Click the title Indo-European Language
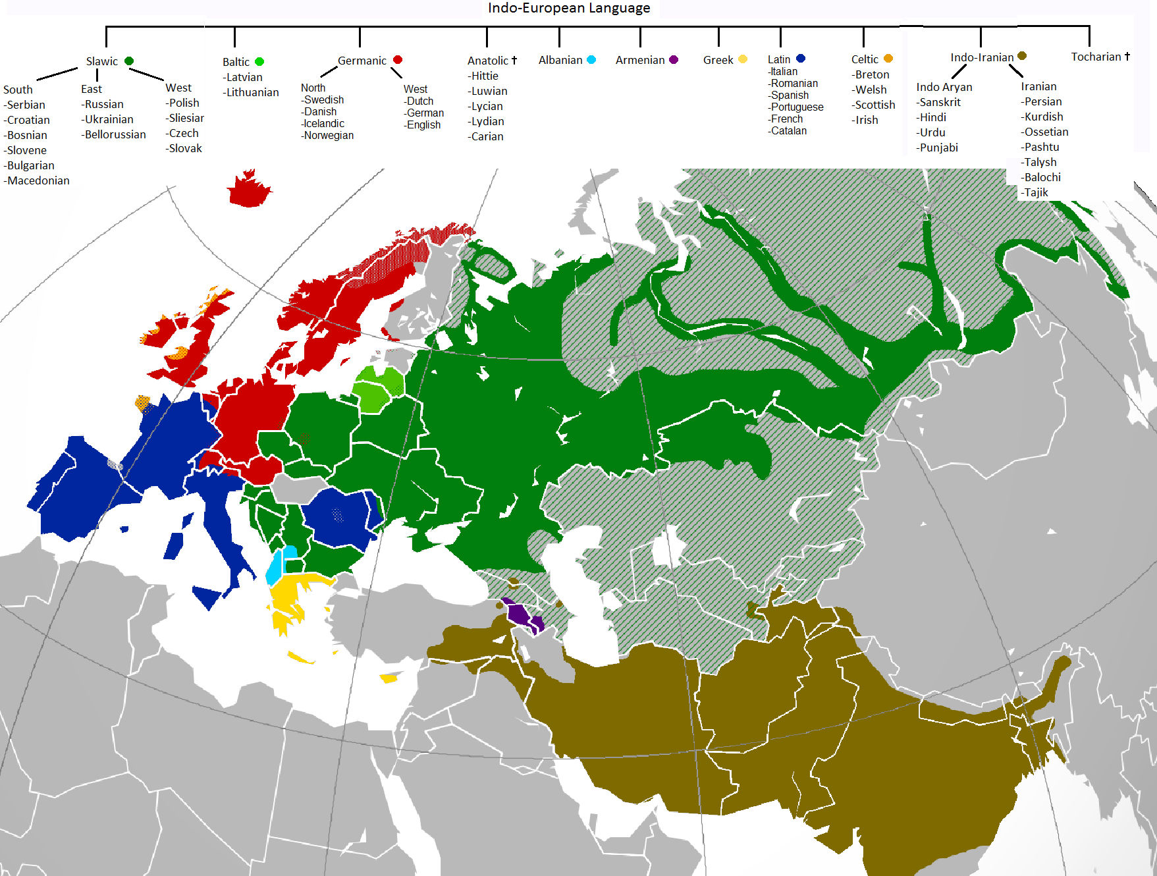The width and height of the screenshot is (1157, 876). pyautogui.click(x=568, y=8)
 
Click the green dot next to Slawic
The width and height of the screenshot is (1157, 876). pyautogui.click(x=129, y=61)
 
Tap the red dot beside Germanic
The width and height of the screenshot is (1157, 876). pyautogui.click(x=398, y=60)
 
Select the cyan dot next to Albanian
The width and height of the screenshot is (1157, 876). pyautogui.click(x=591, y=60)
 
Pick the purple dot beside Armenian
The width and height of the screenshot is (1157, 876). pyautogui.click(x=674, y=60)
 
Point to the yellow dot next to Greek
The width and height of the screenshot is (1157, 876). pyautogui.click(x=743, y=59)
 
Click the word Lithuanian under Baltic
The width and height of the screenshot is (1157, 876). pyautogui.click(x=252, y=92)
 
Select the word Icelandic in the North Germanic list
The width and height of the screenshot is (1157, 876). pyautogui.click(x=324, y=124)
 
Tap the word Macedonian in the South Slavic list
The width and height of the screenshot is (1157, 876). pyautogui.click(x=38, y=180)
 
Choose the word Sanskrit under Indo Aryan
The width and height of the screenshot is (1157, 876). pyautogui.click(x=940, y=102)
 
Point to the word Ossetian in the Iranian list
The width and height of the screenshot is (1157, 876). pyautogui.click(x=1046, y=132)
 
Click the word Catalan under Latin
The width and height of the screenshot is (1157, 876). pyautogui.click(x=788, y=131)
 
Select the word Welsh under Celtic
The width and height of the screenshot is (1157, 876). pyautogui.click(x=871, y=90)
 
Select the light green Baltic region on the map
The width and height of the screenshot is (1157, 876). pyautogui.click(x=379, y=389)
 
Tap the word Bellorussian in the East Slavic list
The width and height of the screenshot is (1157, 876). pyautogui.click(x=115, y=134)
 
